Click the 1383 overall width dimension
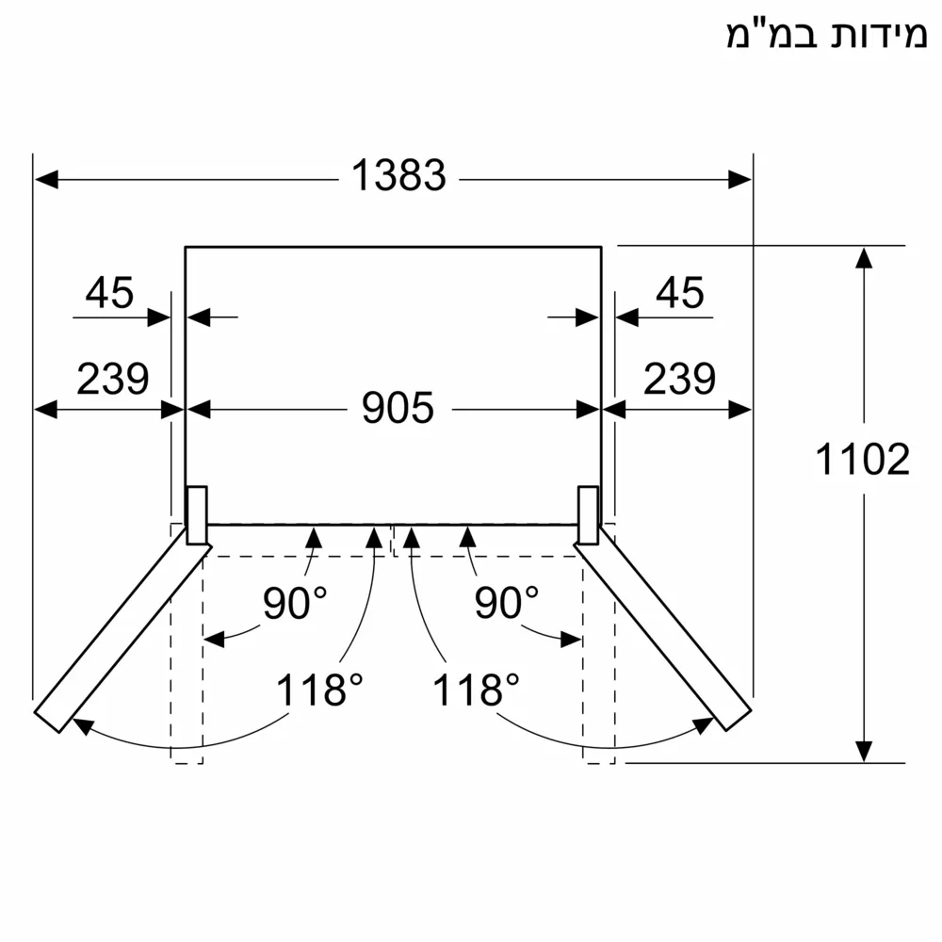(398, 175)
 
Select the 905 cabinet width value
(399, 408)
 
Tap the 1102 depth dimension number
(862, 460)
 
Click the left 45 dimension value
(109, 295)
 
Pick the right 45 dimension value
(679, 295)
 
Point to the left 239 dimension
(112, 379)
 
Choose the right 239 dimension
(679, 379)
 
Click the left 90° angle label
(294, 604)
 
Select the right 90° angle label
(506, 604)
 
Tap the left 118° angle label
(319, 690)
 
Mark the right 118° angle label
(476, 690)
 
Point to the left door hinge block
(197, 515)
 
